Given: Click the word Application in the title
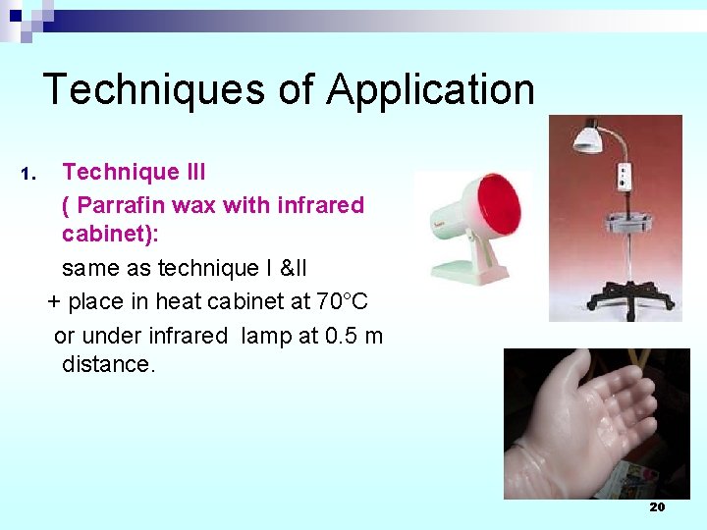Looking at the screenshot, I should click(431, 90).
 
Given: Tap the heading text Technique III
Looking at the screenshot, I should click(134, 173).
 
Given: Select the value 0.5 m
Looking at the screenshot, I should click(353, 336).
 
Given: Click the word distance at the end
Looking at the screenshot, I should click(107, 364).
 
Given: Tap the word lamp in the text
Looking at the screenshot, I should click(264, 336).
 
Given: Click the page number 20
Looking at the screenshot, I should click(657, 506).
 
